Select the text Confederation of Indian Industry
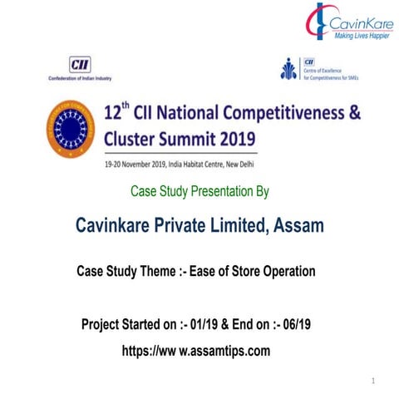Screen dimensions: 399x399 click(x=80, y=79)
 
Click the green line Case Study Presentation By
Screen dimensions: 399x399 click(x=199, y=192)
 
